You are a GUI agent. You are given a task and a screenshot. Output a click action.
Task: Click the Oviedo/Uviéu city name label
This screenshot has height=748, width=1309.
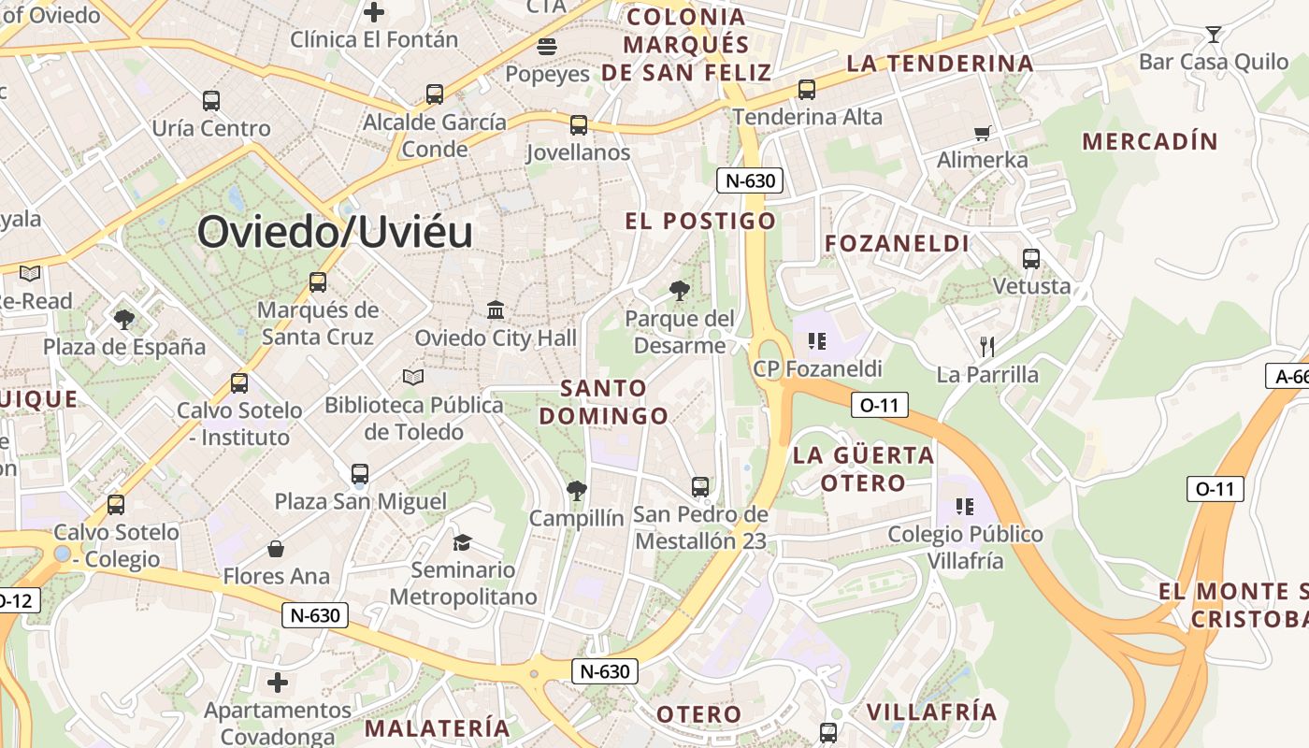(335, 232)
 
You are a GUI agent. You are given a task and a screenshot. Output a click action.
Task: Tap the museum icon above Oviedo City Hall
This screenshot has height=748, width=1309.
(496, 309)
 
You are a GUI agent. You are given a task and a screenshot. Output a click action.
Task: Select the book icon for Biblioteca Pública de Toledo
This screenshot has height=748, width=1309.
(413, 377)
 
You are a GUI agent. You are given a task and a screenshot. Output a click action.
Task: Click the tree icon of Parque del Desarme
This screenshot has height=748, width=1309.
(680, 291)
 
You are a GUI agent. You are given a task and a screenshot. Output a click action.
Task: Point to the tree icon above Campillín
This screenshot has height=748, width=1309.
(577, 490)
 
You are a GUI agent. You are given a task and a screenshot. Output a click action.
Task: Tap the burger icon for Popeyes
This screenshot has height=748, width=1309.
(547, 46)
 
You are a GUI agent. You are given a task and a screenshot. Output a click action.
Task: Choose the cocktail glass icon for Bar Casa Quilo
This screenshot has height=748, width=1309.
(1214, 35)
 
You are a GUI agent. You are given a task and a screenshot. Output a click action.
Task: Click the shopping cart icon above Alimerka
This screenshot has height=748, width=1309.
(982, 133)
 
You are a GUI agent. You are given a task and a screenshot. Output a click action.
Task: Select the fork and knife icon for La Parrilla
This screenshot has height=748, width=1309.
(987, 347)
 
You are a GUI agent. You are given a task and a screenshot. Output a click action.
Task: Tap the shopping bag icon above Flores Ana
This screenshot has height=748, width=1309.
(276, 549)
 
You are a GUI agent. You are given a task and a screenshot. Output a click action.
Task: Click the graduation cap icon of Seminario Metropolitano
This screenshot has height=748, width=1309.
(462, 542)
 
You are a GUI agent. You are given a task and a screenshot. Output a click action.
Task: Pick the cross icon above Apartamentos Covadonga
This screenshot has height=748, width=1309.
(278, 683)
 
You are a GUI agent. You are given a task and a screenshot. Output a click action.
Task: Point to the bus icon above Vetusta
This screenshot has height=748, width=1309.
(1031, 259)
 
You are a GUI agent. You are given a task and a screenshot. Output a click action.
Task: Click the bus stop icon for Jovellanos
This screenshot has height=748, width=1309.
(579, 124)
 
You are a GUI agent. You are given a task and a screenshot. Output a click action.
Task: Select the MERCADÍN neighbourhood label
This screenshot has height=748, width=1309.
(1150, 142)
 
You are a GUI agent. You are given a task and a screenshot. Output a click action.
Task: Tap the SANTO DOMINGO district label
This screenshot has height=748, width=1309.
(604, 402)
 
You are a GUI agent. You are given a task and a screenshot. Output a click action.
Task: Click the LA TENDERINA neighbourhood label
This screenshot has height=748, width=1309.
(940, 64)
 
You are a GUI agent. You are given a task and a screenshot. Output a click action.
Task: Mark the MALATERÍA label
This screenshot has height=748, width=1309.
(438, 728)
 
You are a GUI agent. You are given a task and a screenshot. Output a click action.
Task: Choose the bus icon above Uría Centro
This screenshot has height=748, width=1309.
(211, 101)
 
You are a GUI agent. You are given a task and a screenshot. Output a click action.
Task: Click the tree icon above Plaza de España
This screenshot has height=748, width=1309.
(123, 320)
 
